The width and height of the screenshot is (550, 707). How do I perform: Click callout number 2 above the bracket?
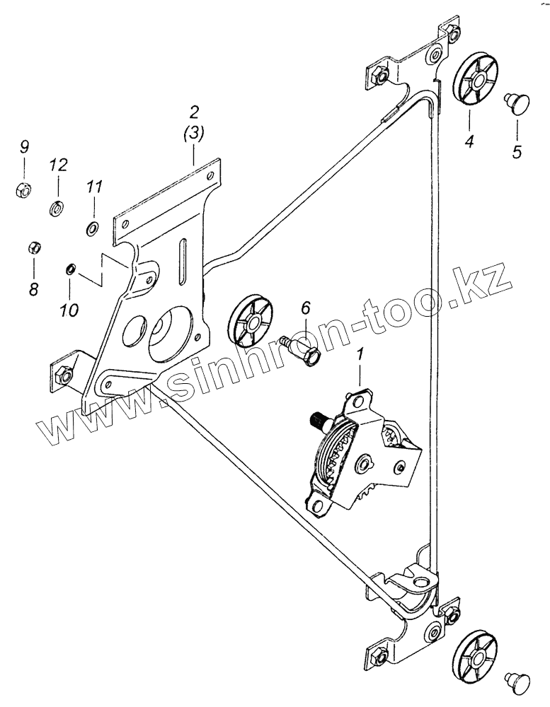coord(194,111)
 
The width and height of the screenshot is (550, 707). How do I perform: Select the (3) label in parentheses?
coord(194,133)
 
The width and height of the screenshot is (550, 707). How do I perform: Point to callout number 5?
coord(517,151)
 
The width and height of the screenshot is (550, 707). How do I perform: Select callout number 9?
coord(24,147)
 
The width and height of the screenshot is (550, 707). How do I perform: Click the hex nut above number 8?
coord(33,247)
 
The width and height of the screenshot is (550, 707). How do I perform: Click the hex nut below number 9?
coord(23,189)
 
